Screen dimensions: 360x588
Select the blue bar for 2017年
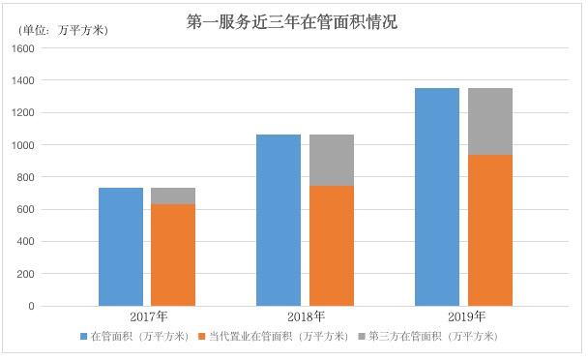[121, 247]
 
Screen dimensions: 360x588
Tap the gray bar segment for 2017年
[173, 196]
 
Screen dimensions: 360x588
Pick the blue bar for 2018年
[279, 221]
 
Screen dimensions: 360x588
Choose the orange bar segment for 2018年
[331, 246]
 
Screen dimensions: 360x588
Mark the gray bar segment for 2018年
[331, 160]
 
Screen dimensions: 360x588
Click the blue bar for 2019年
[437, 197]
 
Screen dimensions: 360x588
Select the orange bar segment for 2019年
[489, 230]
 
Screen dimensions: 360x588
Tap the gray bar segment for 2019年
[489, 121]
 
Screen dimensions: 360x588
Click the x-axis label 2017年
[148, 316]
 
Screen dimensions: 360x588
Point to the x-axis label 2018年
[306, 316]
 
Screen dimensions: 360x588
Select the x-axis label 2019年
[464, 316]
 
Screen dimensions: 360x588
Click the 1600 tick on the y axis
[23, 48]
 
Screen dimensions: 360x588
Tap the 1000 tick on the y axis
[23, 145]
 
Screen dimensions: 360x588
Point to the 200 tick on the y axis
[26, 274]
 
